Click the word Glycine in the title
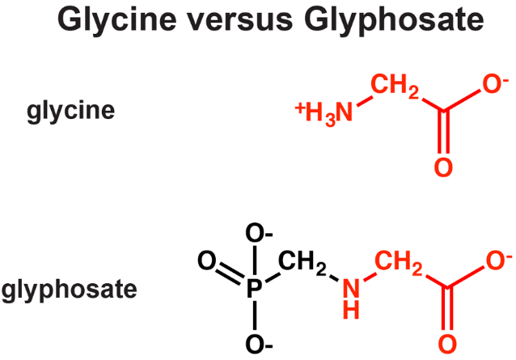[116, 20]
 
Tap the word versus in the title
[240, 20]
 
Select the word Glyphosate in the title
[394, 20]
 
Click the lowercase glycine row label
[70, 111]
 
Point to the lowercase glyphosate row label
[69, 290]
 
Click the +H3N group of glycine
[324, 114]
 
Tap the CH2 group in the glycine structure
[395, 87]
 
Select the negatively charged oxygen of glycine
[496, 84]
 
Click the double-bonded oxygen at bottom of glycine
[443, 167]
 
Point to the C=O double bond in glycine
[443, 133]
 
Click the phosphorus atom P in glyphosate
[255, 289]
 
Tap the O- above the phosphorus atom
[259, 233]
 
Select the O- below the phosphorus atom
[259, 345]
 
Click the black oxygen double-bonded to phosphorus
[207, 260]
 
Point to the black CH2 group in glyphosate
[302, 263]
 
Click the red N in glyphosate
[351, 288]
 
